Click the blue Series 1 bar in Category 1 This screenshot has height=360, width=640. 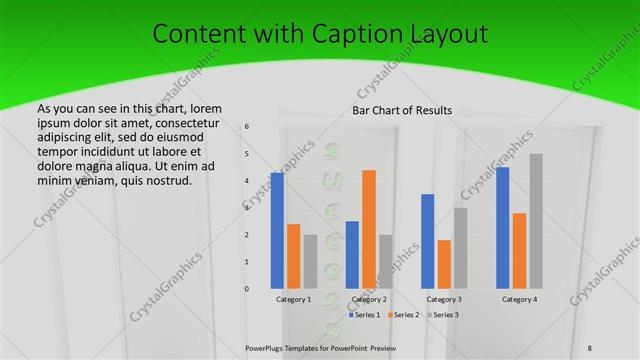pos(277,231)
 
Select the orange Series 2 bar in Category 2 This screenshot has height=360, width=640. pos(369,229)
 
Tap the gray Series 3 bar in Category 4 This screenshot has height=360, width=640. pos(536,221)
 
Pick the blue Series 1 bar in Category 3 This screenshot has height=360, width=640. pos(428,241)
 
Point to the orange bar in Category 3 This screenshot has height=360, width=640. pos(444,264)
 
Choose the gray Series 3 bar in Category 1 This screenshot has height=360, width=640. pos(310,261)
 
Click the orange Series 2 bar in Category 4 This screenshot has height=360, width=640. pos(519,250)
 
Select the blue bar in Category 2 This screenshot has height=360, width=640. pos(352,254)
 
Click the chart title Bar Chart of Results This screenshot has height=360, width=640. pos(403,110)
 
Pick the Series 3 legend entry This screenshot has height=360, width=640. pos(442,315)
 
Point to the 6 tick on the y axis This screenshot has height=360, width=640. pos(247,126)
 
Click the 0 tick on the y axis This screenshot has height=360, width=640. pos(247,289)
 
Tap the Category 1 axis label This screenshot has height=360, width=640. pos(294,299)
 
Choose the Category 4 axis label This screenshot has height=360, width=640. pos(519,299)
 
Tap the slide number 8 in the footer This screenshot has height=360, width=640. pos(590,346)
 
